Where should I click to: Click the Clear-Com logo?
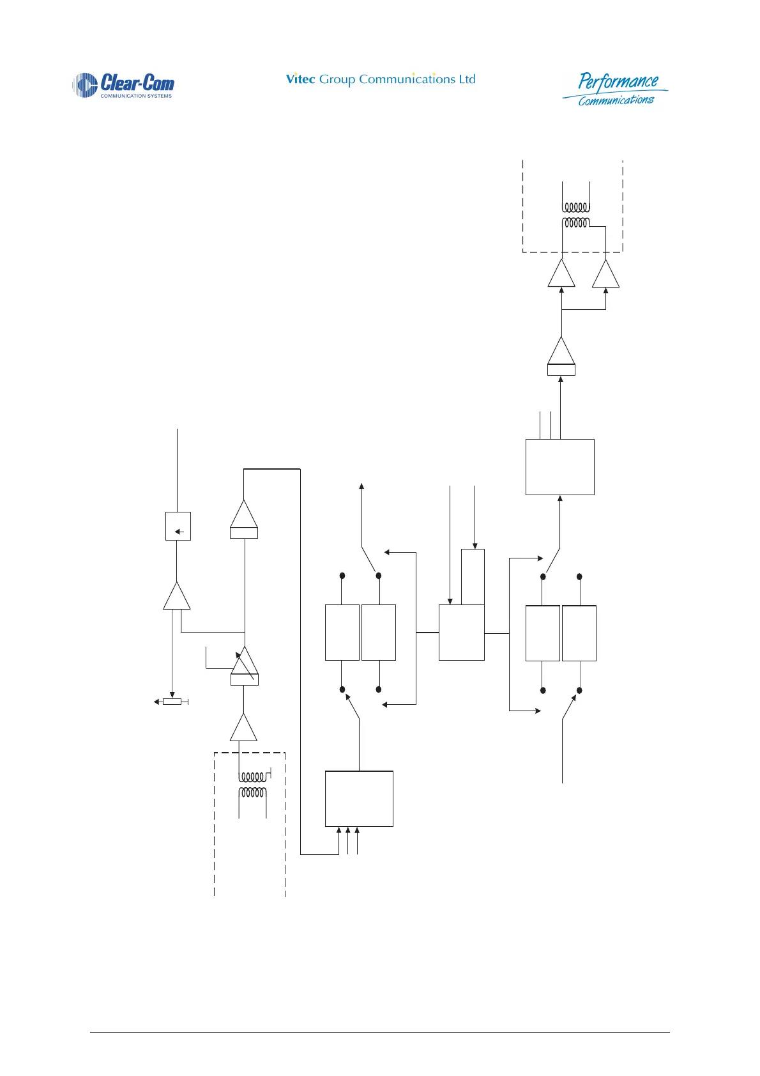pyautogui.click(x=123, y=85)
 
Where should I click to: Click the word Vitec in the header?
pyautogui.click(x=300, y=79)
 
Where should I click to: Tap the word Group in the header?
pyautogui.click(x=337, y=80)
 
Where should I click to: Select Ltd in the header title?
pyautogui.click(x=467, y=79)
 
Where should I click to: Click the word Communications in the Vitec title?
pyautogui.click(x=407, y=79)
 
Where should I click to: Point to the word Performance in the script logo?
pyautogui.click(x=618, y=82)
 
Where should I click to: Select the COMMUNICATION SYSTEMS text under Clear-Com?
pyautogui.click(x=136, y=96)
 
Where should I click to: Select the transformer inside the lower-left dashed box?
pyautogui.click(x=253, y=785)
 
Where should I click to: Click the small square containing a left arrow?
pyautogui.click(x=178, y=526)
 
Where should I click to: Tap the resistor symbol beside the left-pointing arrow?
pyautogui.click(x=172, y=702)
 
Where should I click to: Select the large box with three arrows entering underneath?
pyautogui.click(x=359, y=799)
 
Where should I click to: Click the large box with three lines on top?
pyautogui.click(x=559, y=466)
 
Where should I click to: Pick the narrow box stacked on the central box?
pyautogui.click(x=473, y=576)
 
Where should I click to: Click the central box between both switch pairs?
pyautogui.click(x=461, y=633)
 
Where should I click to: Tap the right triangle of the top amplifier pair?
pyautogui.click(x=605, y=275)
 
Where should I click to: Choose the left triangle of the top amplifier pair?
pyautogui.click(x=561, y=275)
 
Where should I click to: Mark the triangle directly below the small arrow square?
pyautogui.click(x=177, y=597)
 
